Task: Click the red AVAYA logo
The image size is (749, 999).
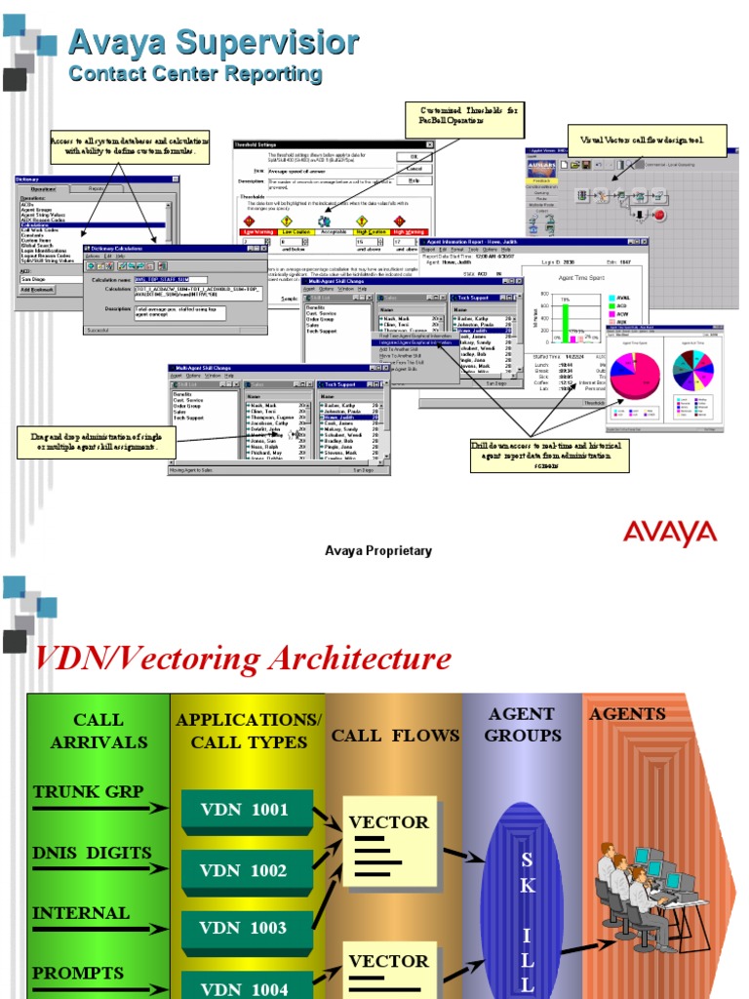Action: pos(670,533)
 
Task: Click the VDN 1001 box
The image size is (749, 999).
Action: pos(244,810)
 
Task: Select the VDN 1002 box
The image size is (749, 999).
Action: pos(244,870)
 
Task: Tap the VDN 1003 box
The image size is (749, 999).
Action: pos(244,928)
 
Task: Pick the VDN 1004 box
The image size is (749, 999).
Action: pos(244,987)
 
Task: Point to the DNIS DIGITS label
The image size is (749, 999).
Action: pos(92,852)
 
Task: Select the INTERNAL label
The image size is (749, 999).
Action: pos(81,913)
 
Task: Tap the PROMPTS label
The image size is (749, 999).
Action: pos(78,973)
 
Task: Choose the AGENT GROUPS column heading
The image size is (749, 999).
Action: pos(523,725)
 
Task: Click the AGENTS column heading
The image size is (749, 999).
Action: pos(627,714)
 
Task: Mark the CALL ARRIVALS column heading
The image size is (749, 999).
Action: pos(99,731)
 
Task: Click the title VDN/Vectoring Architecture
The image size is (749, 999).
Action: pos(243,659)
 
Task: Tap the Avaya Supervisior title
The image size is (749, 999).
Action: pos(213,43)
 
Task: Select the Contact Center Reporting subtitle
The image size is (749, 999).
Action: pos(195,74)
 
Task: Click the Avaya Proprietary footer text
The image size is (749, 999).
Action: pos(377,551)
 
